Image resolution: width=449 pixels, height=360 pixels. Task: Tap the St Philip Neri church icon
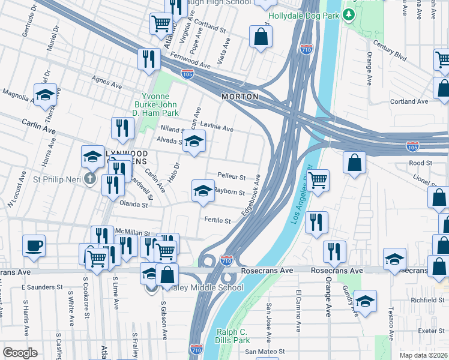click(90, 178)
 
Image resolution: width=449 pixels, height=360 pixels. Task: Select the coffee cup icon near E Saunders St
click(34, 245)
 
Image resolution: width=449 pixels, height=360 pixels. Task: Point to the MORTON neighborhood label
click(240, 97)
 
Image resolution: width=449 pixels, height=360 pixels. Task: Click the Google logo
click(20, 353)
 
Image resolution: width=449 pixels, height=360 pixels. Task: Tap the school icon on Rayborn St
click(203, 191)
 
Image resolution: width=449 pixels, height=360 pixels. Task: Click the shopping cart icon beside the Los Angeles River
click(318, 179)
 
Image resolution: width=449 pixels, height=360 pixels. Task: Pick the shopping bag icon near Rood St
click(355, 162)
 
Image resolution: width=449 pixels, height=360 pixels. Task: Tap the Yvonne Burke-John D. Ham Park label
click(160, 104)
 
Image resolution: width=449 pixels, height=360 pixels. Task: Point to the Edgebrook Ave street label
click(250, 196)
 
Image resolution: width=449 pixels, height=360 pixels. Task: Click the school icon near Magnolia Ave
click(45, 95)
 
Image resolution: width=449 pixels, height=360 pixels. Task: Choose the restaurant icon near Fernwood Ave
click(148, 59)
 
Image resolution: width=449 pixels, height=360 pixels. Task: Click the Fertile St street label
click(217, 221)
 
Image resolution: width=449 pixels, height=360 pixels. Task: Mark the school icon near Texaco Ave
click(365, 301)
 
